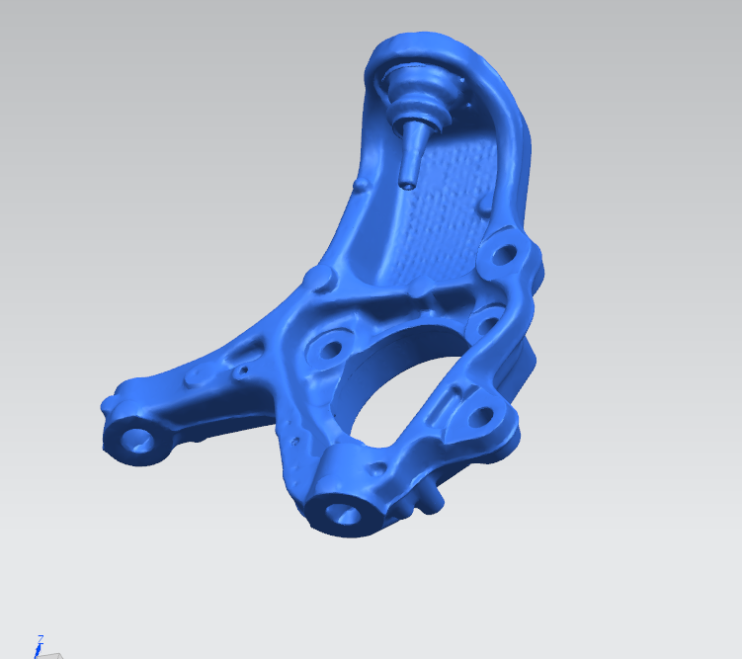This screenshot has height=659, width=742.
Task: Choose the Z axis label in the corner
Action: [x=41, y=639]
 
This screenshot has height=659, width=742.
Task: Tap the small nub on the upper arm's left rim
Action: [x=358, y=186]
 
